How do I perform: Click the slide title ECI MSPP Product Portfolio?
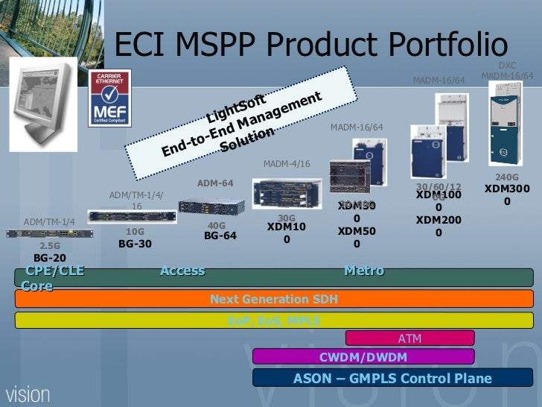tap(310, 45)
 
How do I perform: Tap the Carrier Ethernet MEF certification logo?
tap(109, 98)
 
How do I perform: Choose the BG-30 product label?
tap(135, 243)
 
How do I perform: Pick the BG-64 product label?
tap(220, 236)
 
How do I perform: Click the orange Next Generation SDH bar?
tap(274, 299)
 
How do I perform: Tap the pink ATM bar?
tap(409, 338)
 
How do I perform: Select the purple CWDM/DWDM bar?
tap(363, 357)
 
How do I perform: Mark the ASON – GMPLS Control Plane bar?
tap(392, 378)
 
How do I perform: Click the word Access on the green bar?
tap(182, 271)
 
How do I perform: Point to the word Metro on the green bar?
tap(364, 271)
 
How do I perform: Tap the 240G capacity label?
tap(507, 177)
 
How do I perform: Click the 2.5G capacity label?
tap(50, 245)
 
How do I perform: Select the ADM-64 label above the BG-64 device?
tap(215, 183)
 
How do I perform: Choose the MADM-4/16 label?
tap(287, 164)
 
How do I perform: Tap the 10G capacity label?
tap(135, 231)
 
